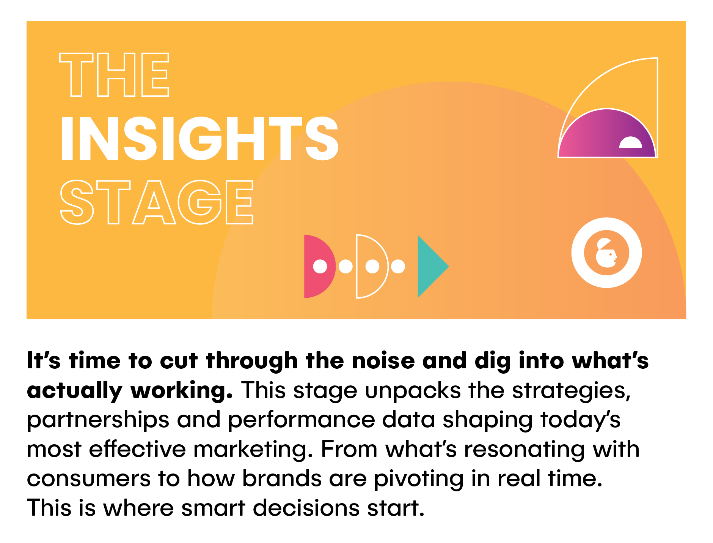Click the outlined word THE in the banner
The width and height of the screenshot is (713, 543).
pos(114,74)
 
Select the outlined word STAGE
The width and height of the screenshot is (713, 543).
pos(157,202)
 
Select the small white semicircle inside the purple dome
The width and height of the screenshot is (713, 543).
pos(630,143)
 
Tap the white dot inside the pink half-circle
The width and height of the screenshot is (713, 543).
pos(320,266)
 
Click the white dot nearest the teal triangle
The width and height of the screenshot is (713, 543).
pos(398,266)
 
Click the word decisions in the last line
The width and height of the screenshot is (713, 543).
pos(306,508)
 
